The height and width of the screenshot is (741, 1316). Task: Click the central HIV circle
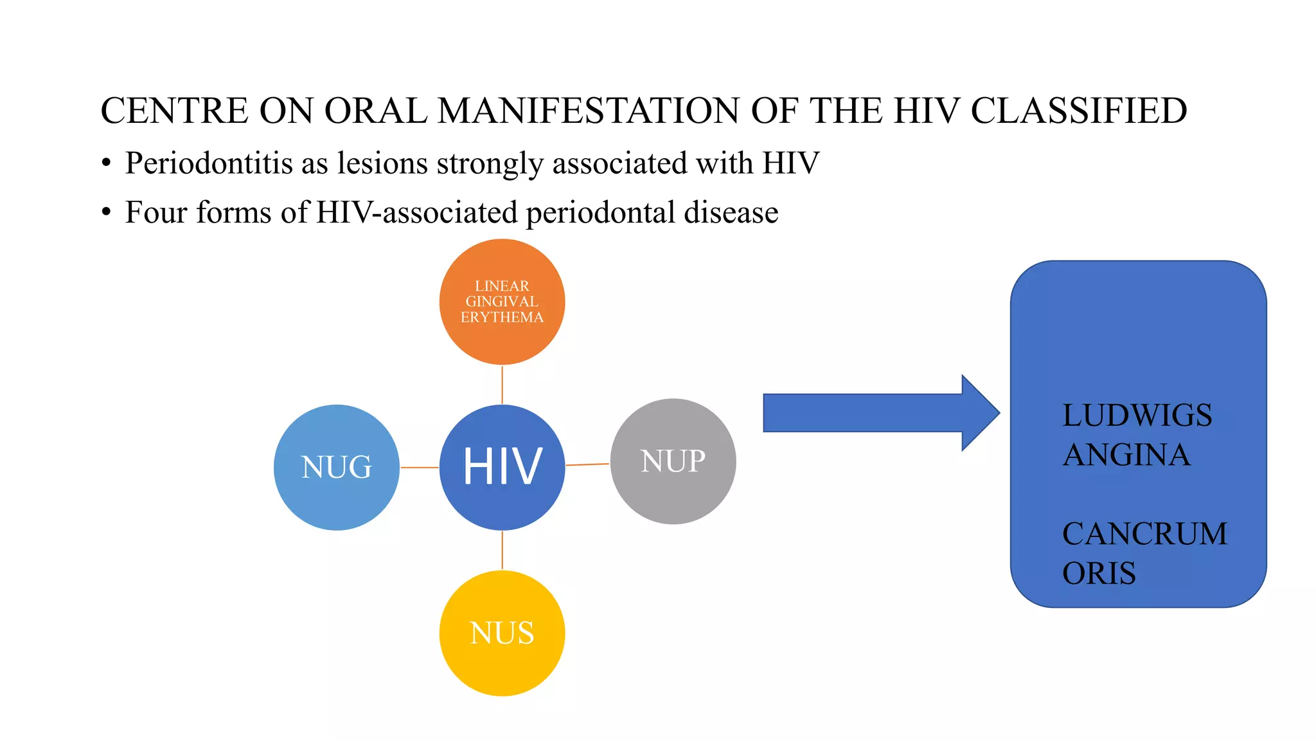[502, 467]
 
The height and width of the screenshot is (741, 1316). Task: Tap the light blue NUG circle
[336, 467]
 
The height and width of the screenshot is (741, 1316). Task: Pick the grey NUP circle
[673, 461]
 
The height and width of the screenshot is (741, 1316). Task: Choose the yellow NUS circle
[502, 633]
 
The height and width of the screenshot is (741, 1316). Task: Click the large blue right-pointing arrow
[880, 413]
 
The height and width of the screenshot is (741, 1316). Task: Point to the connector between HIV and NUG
[420, 468]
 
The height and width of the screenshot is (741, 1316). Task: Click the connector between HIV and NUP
[587, 464]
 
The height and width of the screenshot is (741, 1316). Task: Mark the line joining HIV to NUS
[502, 551]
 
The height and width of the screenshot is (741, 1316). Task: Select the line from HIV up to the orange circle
[502, 385]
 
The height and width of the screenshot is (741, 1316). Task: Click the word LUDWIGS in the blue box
[1137, 416]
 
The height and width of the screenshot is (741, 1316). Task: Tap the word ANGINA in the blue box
[1126, 455]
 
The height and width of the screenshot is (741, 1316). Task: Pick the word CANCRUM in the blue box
[1144, 534]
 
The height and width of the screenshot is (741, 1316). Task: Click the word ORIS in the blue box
[1099, 573]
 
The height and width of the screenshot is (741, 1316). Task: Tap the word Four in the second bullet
[156, 212]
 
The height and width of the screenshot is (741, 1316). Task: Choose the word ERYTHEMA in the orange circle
[502, 317]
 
